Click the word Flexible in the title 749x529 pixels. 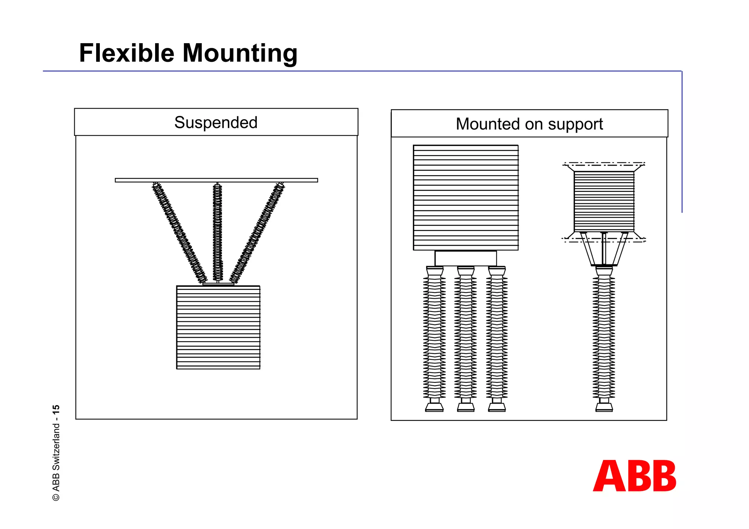(127, 53)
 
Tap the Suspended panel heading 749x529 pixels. (216, 122)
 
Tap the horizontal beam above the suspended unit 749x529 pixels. (216, 180)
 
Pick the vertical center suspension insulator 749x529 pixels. (218, 233)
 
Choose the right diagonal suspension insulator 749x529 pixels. (257, 233)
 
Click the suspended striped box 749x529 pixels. (218, 327)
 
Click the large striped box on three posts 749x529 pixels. (466, 197)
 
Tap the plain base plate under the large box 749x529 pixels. (466, 258)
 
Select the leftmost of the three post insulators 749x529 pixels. (434, 338)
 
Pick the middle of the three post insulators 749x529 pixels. (466, 338)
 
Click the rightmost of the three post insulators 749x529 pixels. (497, 338)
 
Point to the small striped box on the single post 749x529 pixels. (604, 201)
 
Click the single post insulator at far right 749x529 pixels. (604, 338)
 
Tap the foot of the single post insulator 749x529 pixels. (604, 407)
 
